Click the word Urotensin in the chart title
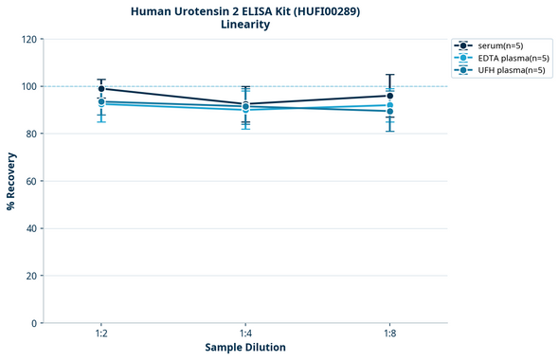(x=200, y=10)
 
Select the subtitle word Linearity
(x=244, y=25)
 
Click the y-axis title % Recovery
(x=12, y=180)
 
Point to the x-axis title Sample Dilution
(x=244, y=348)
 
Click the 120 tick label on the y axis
(x=28, y=39)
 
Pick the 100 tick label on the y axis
(x=28, y=86)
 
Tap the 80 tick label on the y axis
(x=31, y=134)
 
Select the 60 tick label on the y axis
(x=31, y=181)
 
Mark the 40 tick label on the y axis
(x=31, y=228)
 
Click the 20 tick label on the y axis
(x=31, y=276)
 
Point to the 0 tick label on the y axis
(x=34, y=323)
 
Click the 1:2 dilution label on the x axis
(x=100, y=334)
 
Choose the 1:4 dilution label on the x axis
(x=245, y=334)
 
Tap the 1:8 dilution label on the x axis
(x=389, y=334)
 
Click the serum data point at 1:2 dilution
(x=101, y=89)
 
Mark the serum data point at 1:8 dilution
(x=389, y=96)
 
